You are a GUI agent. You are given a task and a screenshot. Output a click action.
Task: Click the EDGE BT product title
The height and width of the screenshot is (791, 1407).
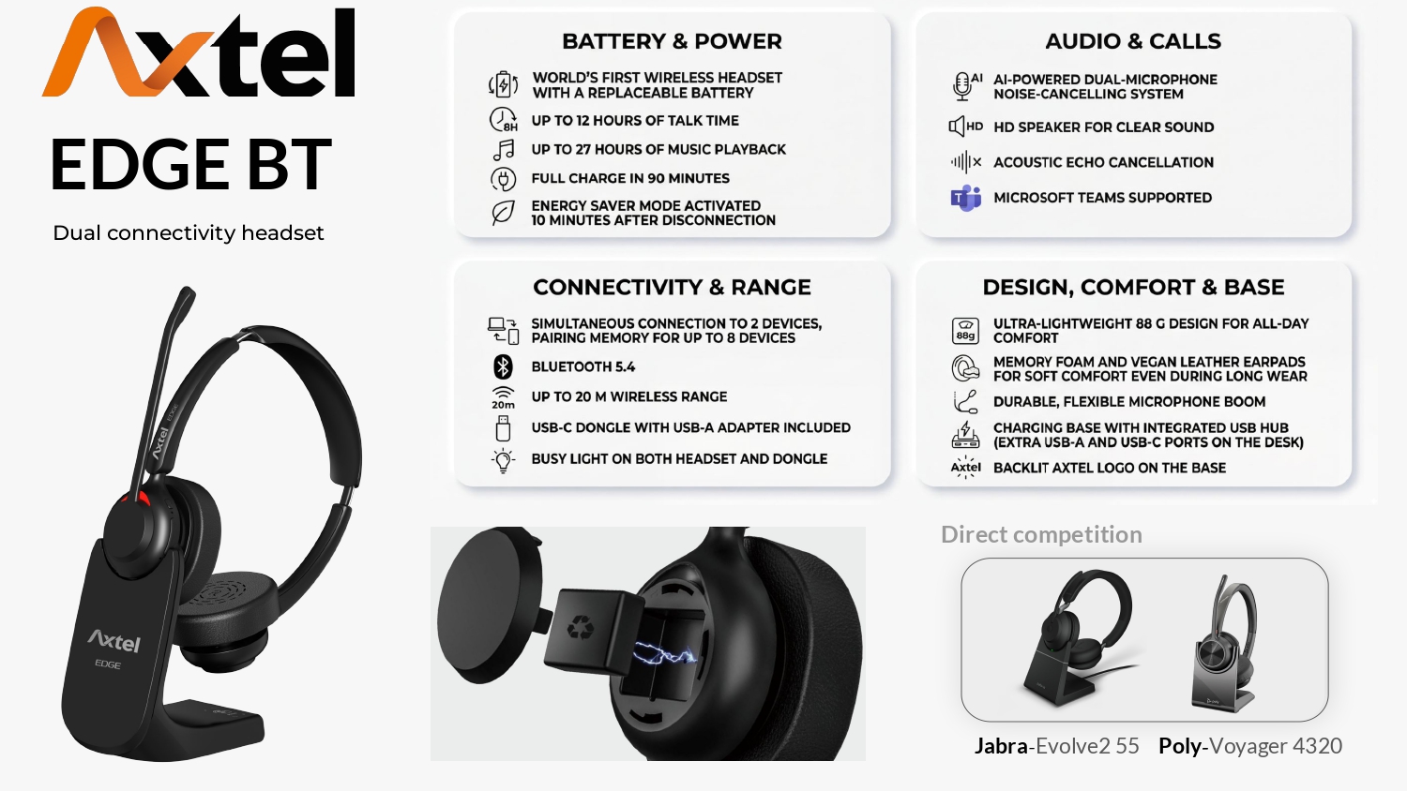pyautogui.click(x=191, y=164)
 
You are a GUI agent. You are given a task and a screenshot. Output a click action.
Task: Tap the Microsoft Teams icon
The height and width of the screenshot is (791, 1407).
pyautogui.click(x=965, y=199)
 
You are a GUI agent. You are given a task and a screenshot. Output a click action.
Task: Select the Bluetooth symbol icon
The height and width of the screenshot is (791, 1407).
pyautogui.click(x=503, y=367)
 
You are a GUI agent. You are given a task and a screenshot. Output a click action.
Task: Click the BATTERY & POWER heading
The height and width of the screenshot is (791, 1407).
pyautogui.click(x=673, y=41)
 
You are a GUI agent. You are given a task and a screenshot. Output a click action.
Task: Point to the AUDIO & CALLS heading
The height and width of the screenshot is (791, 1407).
pyautogui.click(x=1133, y=41)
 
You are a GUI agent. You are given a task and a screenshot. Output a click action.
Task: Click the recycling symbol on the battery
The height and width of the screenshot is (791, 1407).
pyautogui.click(x=580, y=627)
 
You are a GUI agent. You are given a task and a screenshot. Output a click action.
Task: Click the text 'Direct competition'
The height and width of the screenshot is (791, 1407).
pyautogui.click(x=1041, y=535)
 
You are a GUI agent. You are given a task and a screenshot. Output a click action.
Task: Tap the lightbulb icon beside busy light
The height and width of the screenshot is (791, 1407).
pyautogui.click(x=503, y=461)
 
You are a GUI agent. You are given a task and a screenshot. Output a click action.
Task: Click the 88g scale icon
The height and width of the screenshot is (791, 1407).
pyautogui.click(x=965, y=331)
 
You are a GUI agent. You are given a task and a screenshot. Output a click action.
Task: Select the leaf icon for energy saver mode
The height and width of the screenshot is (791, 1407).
pyautogui.click(x=503, y=214)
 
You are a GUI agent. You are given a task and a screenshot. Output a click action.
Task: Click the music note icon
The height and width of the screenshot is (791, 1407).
pyautogui.click(x=503, y=150)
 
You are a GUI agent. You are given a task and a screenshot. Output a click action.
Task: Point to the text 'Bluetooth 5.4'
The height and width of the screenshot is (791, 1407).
pyautogui.click(x=582, y=367)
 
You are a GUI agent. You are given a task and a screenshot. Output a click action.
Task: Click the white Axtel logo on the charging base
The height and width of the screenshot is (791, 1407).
pyautogui.click(x=114, y=641)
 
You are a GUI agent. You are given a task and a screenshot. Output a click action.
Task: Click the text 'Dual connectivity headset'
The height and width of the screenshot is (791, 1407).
pyautogui.click(x=189, y=233)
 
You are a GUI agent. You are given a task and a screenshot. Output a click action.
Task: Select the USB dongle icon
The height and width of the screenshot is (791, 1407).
pyautogui.click(x=503, y=429)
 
